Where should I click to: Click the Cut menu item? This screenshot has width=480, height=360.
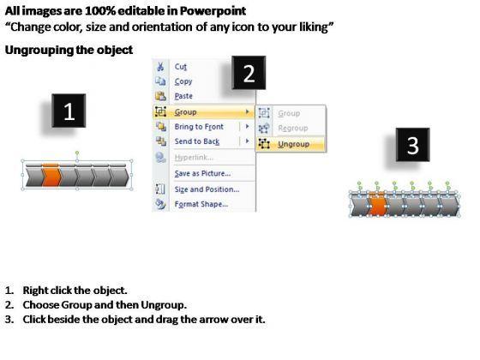click(x=180, y=67)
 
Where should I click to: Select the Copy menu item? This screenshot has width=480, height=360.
click(x=183, y=81)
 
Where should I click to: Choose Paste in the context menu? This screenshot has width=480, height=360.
click(x=183, y=96)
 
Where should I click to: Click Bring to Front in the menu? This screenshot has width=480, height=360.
click(x=199, y=127)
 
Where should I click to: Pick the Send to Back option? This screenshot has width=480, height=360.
click(x=197, y=141)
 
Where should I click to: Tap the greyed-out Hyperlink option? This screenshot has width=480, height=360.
click(x=194, y=158)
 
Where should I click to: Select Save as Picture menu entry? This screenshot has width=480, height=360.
click(x=202, y=173)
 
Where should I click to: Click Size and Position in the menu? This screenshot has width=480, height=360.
click(x=207, y=189)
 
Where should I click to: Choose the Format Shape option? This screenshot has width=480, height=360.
click(x=201, y=204)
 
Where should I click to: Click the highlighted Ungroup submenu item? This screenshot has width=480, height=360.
click(x=293, y=144)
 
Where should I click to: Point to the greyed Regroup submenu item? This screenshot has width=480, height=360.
click(x=292, y=128)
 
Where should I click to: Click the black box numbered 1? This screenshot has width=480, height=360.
click(x=69, y=111)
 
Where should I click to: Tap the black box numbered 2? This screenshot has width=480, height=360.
click(x=249, y=73)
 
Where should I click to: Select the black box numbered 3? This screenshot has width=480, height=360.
click(x=412, y=145)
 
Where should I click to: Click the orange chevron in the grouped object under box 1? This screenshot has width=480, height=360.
click(x=51, y=177)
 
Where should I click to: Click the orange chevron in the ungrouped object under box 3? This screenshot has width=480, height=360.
click(x=378, y=205)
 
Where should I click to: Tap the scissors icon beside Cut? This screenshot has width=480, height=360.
click(x=160, y=67)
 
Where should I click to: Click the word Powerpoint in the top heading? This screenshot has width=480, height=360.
click(x=213, y=11)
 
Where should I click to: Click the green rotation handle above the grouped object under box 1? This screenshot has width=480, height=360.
click(x=77, y=153)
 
